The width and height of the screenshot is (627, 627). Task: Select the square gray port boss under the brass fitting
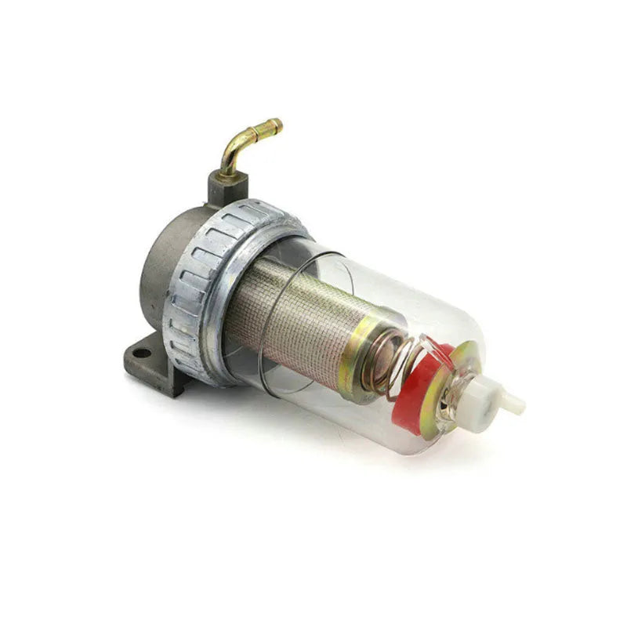tap(227, 187)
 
